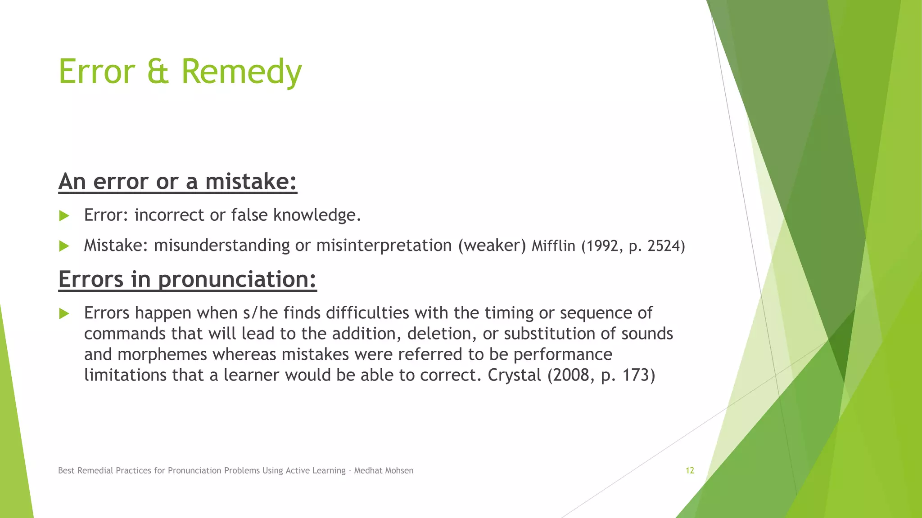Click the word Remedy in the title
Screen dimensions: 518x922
(x=241, y=72)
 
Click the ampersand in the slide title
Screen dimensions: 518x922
(x=158, y=72)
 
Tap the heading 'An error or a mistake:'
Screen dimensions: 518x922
(x=178, y=182)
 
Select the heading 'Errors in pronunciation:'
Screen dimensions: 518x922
(x=187, y=279)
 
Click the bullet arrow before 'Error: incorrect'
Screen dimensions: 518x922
(x=64, y=216)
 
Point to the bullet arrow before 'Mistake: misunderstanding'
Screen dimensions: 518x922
(x=64, y=246)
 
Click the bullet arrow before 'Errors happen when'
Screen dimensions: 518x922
(x=64, y=313)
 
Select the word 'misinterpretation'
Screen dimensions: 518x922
(x=384, y=246)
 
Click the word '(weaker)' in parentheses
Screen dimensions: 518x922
(x=492, y=246)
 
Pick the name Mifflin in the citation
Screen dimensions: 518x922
(x=553, y=246)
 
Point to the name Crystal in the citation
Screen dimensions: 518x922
(x=514, y=375)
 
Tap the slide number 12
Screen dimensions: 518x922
(x=690, y=470)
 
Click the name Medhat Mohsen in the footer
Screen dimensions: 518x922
(x=384, y=470)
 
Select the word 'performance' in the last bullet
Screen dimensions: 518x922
(x=563, y=355)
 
